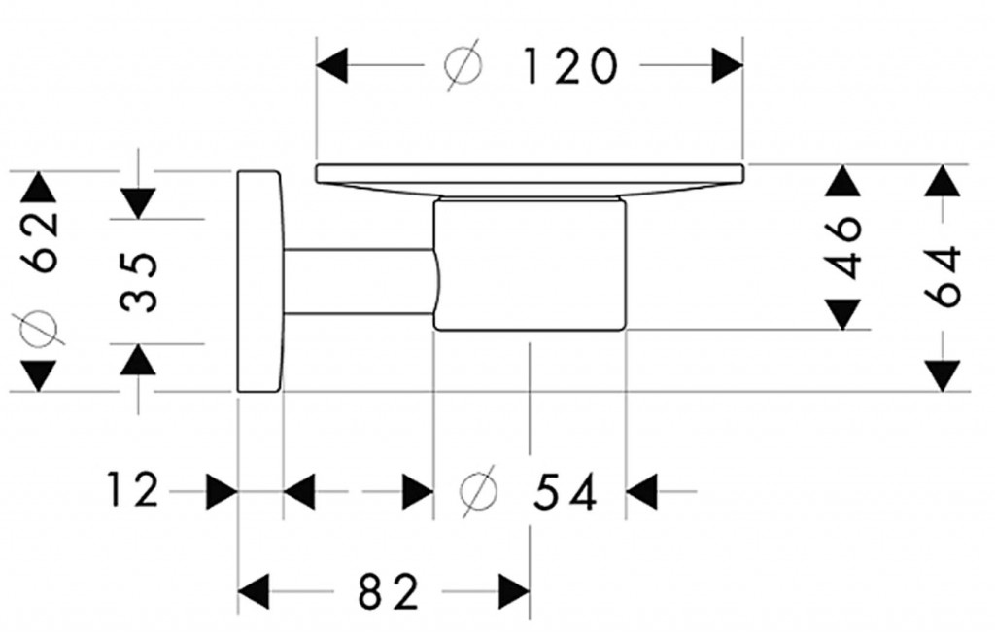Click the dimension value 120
pyautogui.click(x=570, y=67)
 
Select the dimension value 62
pyautogui.click(x=39, y=240)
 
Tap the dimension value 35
pyautogui.click(x=141, y=281)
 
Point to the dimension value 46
pyautogui.click(x=845, y=247)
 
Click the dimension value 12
pyautogui.click(x=133, y=491)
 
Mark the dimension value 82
pyautogui.click(x=388, y=590)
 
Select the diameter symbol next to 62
pyautogui.click(x=40, y=327)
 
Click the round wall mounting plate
pyautogui.click(x=259, y=282)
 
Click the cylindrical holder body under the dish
pyautogui.click(x=530, y=265)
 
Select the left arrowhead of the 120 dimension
pyautogui.click(x=332, y=67)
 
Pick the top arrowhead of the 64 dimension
pyautogui.click(x=942, y=181)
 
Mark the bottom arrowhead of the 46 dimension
pyautogui.click(x=844, y=314)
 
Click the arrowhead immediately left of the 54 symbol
pyautogui.click(x=419, y=491)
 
